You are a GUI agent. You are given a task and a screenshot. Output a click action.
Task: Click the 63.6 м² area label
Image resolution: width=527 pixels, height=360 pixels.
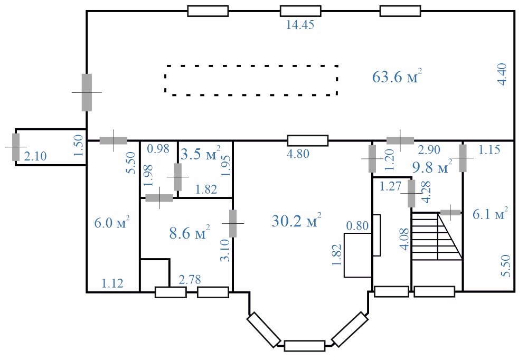pyautogui.click(x=397, y=76)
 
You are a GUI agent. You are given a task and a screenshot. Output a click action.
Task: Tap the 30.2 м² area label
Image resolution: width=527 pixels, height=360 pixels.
pyautogui.click(x=296, y=221)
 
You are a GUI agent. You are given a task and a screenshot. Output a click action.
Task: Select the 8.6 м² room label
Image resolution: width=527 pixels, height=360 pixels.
pyautogui.click(x=190, y=232)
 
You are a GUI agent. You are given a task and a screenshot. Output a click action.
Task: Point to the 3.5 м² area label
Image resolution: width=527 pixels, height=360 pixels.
pyautogui.click(x=201, y=153)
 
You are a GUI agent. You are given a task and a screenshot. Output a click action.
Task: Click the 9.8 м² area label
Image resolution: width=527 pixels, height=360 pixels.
pyautogui.click(x=432, y=166)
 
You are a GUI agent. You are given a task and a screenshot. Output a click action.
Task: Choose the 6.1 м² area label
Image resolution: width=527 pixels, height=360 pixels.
pyautogui.click(x=490, y=214)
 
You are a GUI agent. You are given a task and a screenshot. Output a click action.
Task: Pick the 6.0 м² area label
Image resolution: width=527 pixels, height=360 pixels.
pyautogui.click(x=112, y=222)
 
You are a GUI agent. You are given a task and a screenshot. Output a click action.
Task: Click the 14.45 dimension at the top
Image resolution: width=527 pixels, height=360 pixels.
pyautogui.click(x=300, y=25)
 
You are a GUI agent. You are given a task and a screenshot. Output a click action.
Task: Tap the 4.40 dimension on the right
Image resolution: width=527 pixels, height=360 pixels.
pyautogui.click(x=502, y=74)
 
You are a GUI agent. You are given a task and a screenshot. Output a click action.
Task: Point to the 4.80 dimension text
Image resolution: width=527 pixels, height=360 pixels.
pyautogui.click(x=298, y=154)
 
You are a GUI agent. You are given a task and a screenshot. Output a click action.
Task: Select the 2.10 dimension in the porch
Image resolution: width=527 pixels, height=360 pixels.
pyautogui.click(x=35, y=156)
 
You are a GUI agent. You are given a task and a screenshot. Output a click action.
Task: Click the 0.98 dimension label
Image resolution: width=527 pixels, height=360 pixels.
pyautogui.click(x=158, y=148)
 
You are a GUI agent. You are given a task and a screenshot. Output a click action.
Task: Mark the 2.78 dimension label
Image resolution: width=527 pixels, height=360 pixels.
pyautogui.click(x=190, y=279)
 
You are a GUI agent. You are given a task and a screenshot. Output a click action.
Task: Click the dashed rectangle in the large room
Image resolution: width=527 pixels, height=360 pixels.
pyautogui.click(x=251, y=66)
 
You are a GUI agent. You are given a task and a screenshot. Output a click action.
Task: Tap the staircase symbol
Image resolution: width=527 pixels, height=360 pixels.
pyautogui.click(x=437, y=236)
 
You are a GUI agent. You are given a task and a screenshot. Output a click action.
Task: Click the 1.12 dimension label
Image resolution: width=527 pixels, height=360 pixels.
pyautogui.click(x=112, y=283)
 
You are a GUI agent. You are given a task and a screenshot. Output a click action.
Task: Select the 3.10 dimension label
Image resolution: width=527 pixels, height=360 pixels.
pyautogui.click(x=225, y=250)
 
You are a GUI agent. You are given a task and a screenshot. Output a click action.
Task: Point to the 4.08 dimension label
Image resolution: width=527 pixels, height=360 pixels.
pyautogui.click(x=404, y=239)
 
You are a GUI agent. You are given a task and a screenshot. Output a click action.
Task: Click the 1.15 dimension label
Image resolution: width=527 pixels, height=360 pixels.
pyautogui.click(x=489, y=149)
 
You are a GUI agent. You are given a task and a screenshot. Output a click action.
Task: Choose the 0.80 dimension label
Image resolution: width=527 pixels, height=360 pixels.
pyautogui.click(x=357, y=225)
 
